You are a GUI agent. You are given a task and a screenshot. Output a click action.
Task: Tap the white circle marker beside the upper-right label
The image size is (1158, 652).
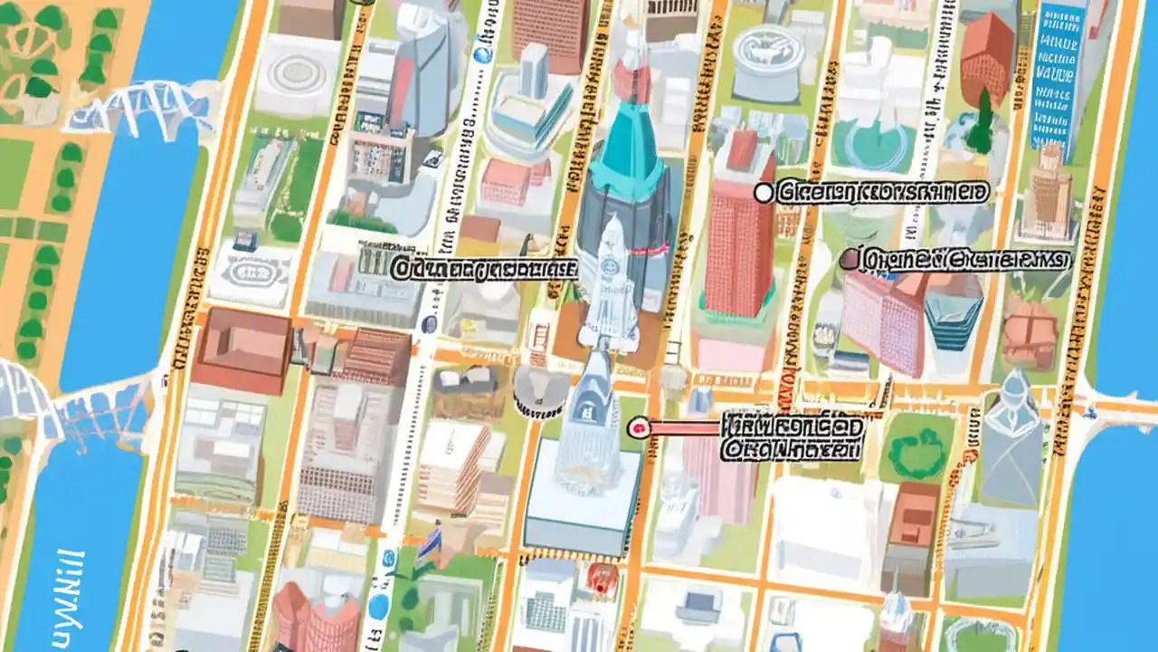pyautogui.click(x=764, y=192)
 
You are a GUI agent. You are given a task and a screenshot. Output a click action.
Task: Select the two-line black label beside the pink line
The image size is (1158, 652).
pyautogui.click(x=793, y=436)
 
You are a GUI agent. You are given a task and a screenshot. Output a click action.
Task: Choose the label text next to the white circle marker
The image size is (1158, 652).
pyautogui.click(x=883, y=192)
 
